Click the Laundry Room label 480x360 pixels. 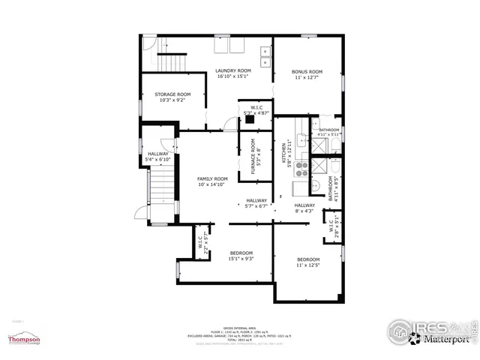point(233,70)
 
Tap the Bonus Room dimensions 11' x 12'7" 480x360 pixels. point(306,77)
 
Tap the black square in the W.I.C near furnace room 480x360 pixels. point(250,116)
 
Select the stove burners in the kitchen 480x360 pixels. point(303,167)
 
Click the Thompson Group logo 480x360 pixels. point(23,338)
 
